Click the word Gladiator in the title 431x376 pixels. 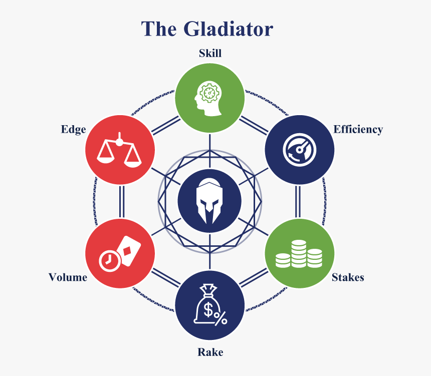[228, 29]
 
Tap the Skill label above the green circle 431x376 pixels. [210, 53]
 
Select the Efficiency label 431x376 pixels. [358, 130]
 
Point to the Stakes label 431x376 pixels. [348, 277]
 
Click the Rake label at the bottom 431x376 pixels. [210, 352]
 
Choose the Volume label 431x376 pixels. [68, 277]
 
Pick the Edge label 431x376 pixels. [73, 130]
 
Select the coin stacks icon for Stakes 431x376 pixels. [299, 254]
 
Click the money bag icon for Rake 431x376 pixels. [210, 305]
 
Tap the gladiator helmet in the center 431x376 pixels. [209, 200]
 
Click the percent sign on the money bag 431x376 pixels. [221, 317]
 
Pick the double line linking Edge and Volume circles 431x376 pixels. [121, 201]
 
